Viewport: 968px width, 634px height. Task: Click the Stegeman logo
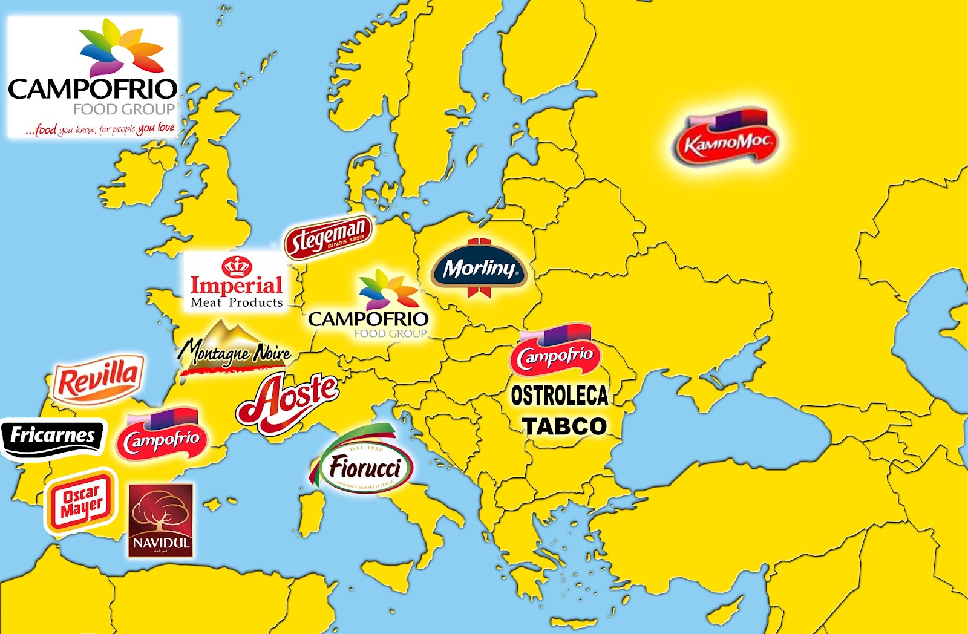[x=329, y=237]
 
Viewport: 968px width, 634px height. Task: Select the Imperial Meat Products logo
[x=237, y=283]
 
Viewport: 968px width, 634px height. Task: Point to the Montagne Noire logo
[x=236, y=350]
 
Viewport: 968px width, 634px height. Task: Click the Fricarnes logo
[x=53, y=436]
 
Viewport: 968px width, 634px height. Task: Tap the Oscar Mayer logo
[x=81, y=502]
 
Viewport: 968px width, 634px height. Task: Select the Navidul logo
[x=161, y=520]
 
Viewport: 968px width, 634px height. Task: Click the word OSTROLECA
[x=560, y=396]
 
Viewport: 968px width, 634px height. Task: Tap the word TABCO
[x=564, y=426]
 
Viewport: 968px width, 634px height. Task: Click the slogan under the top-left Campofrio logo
[x=100, y=129]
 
